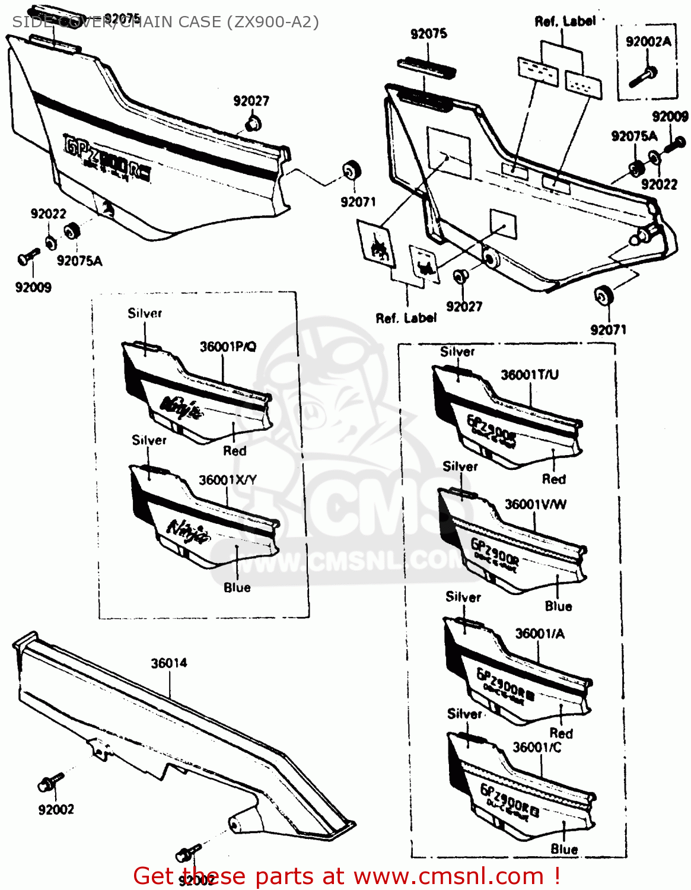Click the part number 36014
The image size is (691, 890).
(x=169, y=663)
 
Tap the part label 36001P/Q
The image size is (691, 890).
(x=228, y=347)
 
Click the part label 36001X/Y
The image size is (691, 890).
(x=227, y=479)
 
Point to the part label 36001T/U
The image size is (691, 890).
(x=530, y=374)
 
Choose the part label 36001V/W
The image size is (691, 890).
(x=535, y=504)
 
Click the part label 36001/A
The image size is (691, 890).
(x=540, y=634)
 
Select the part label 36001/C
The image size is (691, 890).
(x=537, y=747)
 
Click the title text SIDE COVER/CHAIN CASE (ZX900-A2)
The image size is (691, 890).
(x=165, y=22)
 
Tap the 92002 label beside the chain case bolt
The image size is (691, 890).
(x=56, y=809)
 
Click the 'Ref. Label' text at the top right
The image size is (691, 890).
(x=565, y=21)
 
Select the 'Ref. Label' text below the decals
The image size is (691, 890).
(x=406, y=318)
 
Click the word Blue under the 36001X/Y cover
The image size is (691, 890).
(x=237, y=587)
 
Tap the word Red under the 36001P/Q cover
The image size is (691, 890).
(x=234, y=451)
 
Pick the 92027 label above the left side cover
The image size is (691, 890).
(x=251, y=101)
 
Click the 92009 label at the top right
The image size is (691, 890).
(x=670, y=116)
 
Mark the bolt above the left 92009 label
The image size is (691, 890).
(x=28, y=257)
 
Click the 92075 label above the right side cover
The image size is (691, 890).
(x=429, y=34)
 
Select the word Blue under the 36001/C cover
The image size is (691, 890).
(x=564, y=849)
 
